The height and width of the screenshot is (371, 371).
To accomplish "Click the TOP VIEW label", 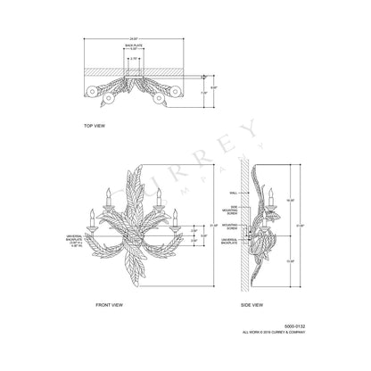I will [x=94, y=126].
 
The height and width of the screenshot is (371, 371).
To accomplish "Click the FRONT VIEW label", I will [x=109, y=305].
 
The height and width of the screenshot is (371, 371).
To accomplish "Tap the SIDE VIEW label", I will [x=251, y=305].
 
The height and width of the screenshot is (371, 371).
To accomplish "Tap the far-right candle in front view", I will [x=177, y=215].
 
